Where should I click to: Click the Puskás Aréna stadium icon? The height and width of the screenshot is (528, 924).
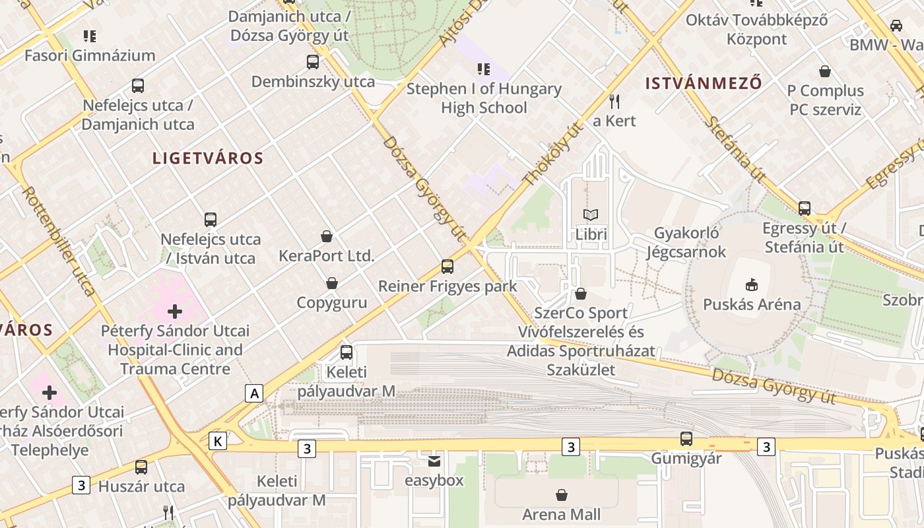(x=751, y=285)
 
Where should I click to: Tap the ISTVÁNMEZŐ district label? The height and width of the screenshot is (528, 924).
(x=704, y=83)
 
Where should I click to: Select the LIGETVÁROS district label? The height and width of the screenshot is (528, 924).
(x=208, y=158)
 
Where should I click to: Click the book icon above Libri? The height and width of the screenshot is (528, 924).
(x=591, y=214)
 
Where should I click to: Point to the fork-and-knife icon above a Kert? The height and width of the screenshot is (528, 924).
(x=614, y=101)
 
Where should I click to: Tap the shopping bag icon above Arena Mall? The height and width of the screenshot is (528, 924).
(x=562, y=494)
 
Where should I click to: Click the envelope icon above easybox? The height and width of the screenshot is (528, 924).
(x=434, y=461)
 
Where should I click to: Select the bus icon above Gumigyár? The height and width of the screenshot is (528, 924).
(x=686, y=438)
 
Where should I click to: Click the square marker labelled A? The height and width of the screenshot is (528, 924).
(x=254, y=394)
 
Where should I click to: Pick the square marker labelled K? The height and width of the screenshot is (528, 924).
(x=218, y=441)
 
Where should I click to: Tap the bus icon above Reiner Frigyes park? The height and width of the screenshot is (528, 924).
(x=447, y=267)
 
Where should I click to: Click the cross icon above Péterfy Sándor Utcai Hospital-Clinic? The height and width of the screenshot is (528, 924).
(x=175, y=311)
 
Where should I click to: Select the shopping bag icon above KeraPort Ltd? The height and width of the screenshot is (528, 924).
(x=326, y=236)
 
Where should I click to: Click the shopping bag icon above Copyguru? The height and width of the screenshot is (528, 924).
(x=332, y=283)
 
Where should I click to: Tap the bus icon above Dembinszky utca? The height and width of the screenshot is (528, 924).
(x=313, y=62)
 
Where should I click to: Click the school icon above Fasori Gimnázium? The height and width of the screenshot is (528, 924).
(x=90, y=36)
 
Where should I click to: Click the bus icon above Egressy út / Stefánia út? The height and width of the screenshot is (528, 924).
(x=805, y=209)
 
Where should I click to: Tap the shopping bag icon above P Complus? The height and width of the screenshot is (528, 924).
(x=825, y=71)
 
